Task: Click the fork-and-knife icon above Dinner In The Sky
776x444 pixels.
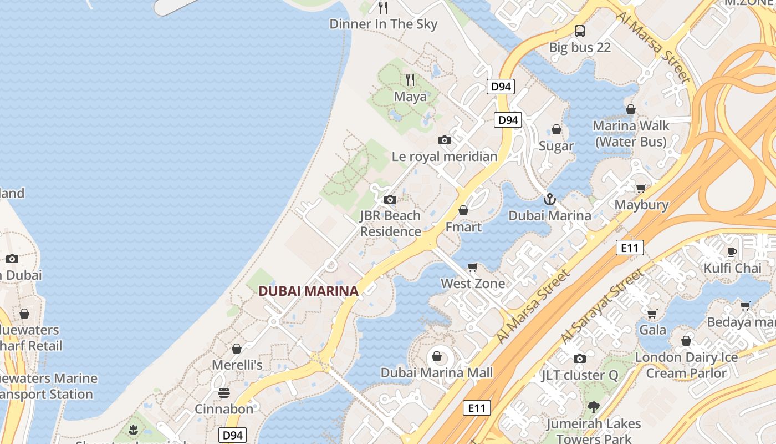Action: [x=382, y=7]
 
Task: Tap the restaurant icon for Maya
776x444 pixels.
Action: [x=410, y=80]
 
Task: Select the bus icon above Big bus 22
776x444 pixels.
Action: [x=580, y=31]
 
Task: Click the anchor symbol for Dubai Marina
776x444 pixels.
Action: [x=550, y=199]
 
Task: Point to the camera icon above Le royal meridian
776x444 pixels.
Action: [x=445, y=140]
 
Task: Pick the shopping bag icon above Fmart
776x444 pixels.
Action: [x=463, y=210]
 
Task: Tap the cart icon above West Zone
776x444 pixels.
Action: [x=473, y=268]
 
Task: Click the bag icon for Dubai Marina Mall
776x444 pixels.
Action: [x=437, y=356]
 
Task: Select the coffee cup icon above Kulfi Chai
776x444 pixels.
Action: [x=732, y=252]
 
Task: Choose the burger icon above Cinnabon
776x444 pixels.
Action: [x=224, y=393]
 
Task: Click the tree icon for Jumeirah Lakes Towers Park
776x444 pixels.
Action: [x=594, y=407]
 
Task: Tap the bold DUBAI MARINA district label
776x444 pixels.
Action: [x=308, y=290]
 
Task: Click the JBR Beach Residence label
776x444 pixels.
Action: [x=390, y=223]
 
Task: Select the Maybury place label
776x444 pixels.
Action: [x=641, y=205]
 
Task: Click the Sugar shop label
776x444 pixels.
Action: [x=557, y=146]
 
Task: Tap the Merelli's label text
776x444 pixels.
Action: [x=237, y=365]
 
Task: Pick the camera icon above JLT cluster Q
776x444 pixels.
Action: [x=580, y=359]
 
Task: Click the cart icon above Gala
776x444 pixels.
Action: [x=652, y=314]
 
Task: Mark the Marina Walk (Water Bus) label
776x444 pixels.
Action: [x=631, y=134]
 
